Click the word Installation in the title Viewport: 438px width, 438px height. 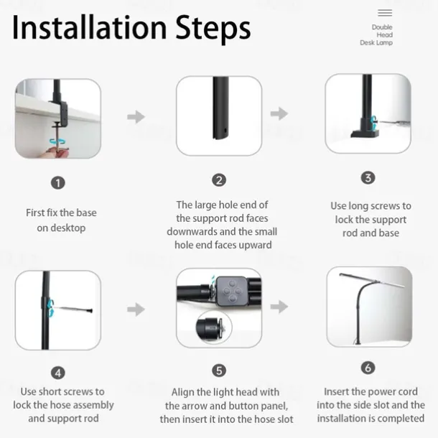pyautogui.click(x=89, y=27)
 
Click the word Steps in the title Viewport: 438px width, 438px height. pyautogui.click(x=213, y=29)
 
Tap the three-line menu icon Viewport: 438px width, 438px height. pyautogui.click(x=385, y=13)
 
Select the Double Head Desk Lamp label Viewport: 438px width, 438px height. pyautogui.click(x=376, y=35)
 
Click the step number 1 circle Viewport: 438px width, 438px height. pyautogui.click(x=58, y=183)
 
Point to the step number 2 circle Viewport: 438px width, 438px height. pyautogui.click(x=219, y=180)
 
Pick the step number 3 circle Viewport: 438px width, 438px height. pyautogui.click(x=368, y=177)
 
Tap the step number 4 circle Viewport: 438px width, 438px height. pyautogui.click(x=58, y=373)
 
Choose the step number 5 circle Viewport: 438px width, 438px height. pyautogui.click(x=219, y=371)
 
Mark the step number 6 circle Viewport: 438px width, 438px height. pyautogui.click(x=368, y=368)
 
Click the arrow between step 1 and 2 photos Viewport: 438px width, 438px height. pyautogui.click(x=136, y=116)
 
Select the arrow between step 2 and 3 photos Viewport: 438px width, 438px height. pyautogui.click(x=279, y=113)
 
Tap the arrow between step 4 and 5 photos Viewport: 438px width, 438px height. pyautogui.click(x=136, y=309)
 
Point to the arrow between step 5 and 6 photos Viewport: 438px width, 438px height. pyautogui.click(x=279, y=307)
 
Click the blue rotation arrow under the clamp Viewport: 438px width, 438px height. pyautogui.click(x=58, y=141)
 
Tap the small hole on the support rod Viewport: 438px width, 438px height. pyautogui.click(x=225, y=130)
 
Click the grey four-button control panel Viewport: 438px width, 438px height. pyautogui.click(x=232, y=291)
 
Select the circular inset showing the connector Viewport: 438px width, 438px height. pyautogui.click(x=214, y=327)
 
